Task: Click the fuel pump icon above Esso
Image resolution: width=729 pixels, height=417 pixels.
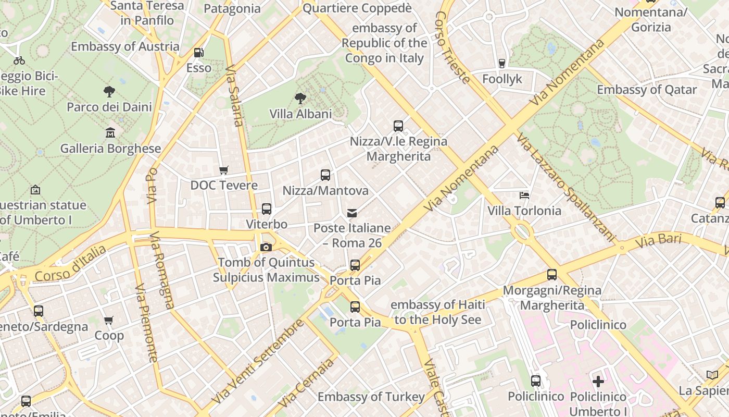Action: click(x=198, y=52)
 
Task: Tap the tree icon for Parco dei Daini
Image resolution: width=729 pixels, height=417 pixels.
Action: click(x=109, y=92)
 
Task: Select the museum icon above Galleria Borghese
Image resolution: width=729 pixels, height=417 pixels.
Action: click(x=110, y=133)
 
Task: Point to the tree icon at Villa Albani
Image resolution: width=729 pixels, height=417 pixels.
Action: click(x=300, y=98)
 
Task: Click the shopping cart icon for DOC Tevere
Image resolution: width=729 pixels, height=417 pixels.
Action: click(x=224, y=170)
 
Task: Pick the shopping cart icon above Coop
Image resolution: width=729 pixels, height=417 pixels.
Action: click(x=109, y=320)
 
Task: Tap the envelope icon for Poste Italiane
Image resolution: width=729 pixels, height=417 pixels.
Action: click(x=352, y=213)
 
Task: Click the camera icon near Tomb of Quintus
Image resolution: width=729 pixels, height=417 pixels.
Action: click(x=266, y=247)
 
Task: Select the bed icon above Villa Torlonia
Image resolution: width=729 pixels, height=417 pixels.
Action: click(x=524, y=195)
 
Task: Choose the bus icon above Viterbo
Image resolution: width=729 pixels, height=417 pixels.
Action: click(x=267, y=209)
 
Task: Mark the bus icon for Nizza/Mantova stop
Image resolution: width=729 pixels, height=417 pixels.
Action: click(x=325, y=175)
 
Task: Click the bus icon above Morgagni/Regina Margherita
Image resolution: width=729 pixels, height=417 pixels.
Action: click(x=552, y=275)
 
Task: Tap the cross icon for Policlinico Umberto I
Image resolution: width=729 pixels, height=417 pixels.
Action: click(x=598, y=381)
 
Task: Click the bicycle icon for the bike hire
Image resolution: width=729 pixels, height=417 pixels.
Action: click(x=19, y=60)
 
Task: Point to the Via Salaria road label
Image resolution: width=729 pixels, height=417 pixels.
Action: click(x=234, y=96)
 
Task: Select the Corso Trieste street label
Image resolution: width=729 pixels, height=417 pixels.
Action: click(x=453, y=47)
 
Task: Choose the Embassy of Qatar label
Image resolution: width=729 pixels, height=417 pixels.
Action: click(x=647, y=90)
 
